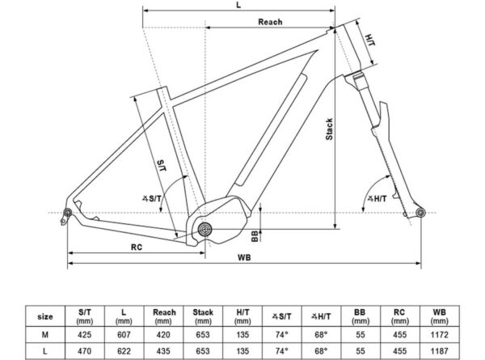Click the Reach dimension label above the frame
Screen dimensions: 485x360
[x=270, y=22]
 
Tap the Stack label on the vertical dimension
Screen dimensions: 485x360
[x=330, y=129]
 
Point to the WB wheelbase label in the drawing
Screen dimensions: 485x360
[x=244, y=257]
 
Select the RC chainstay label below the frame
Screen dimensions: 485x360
[x=137, y=248]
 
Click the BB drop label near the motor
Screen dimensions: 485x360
[x=255, y=236]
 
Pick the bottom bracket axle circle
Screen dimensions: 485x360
[x=205, y=230]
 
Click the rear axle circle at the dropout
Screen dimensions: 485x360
[x=67, y=213]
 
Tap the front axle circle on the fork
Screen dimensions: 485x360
[x=420, y=213]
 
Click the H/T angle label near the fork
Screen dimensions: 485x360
[x=377, y=198]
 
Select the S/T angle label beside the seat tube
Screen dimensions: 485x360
[x=152, y=198]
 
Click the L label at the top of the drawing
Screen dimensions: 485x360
[x=238, y=6]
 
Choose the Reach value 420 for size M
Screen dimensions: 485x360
[x=163, y=335]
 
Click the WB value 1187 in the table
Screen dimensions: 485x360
[x=439, y=351]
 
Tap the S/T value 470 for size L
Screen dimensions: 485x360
[x=84, y=351]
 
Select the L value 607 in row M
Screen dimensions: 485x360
[x=124, y=335]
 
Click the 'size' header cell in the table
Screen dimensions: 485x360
[x=45, y=316]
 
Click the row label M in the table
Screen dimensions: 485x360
[x=45, y=335]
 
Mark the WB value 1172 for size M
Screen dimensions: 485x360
[x=439, y=335]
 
